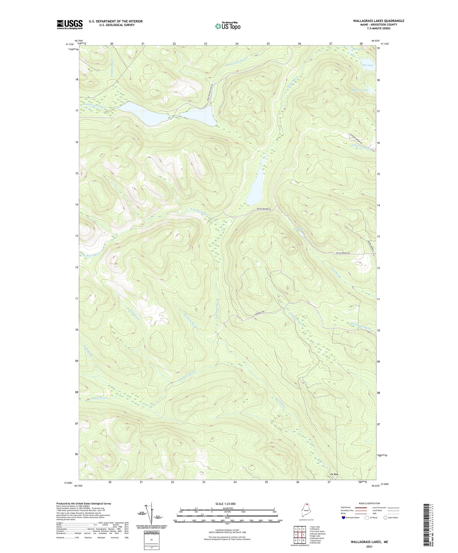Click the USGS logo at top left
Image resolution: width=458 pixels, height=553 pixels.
coord(70,24)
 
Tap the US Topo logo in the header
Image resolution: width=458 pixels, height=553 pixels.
coord(227,26)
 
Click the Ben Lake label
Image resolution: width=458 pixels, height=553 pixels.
coord(368,65)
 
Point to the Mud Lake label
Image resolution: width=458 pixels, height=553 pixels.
coord(359,49)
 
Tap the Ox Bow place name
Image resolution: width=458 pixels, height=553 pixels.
coord(334,474)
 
